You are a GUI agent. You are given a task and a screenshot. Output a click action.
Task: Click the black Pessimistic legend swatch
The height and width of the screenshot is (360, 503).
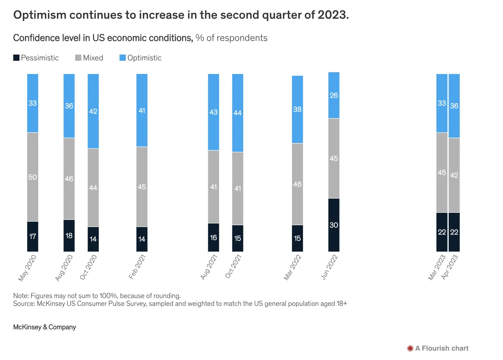click(16, 58)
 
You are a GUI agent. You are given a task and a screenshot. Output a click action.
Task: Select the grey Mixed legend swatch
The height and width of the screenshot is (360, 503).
click(78, 58)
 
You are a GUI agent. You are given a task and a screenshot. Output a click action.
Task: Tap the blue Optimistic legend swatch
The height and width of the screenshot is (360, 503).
click(123, 58)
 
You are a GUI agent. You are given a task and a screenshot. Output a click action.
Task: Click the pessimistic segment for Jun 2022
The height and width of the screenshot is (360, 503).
click(334, 225)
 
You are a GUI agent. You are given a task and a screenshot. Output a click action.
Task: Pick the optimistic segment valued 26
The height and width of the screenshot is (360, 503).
click(334, 95)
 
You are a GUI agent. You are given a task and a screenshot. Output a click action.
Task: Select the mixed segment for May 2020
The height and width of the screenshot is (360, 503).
click(33, 177)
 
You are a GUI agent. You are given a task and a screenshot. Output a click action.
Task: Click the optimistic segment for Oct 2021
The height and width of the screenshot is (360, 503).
click(237, 113)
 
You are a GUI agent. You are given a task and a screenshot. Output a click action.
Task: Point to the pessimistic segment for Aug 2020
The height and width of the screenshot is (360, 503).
click(69, 236)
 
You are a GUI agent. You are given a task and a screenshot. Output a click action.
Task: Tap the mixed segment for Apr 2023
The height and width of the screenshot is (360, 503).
click(454, 175)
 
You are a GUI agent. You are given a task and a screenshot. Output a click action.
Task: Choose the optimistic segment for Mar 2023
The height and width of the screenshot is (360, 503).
click(442, 103)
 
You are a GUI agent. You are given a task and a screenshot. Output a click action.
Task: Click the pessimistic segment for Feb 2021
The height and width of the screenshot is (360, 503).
click(142, 239)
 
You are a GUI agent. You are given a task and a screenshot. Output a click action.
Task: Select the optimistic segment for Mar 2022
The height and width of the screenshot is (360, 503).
click(297, 109)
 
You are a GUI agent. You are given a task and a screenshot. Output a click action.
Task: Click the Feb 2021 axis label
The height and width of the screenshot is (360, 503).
click(137, 267)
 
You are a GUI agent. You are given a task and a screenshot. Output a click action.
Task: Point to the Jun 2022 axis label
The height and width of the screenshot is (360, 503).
click(329, 267)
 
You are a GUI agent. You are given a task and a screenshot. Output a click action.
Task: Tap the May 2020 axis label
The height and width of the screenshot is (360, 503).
click(27, 268)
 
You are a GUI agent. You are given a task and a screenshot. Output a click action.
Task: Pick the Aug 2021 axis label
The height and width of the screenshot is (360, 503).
click(209, 267)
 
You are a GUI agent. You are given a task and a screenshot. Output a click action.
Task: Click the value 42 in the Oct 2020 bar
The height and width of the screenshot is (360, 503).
click(93, 111)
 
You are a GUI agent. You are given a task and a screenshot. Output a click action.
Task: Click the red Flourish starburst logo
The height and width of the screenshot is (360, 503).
click(410, 348)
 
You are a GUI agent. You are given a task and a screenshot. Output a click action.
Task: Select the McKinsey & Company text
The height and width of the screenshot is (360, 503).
click(44, 327)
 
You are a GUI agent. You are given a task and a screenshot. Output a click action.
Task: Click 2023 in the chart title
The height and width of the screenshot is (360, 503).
click(333, 15)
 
